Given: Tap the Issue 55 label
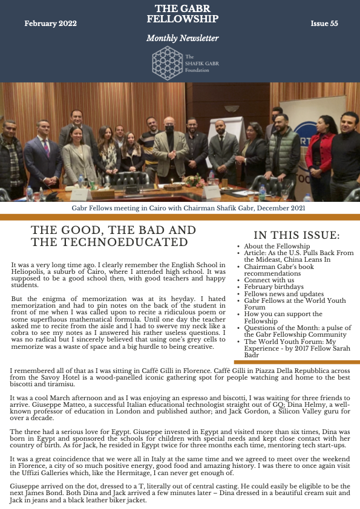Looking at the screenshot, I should pos(324,24).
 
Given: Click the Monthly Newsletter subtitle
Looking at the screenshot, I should pos(182,39).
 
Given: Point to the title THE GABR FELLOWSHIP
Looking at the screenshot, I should pos(182,14).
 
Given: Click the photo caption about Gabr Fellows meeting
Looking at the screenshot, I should pos(180,207).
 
